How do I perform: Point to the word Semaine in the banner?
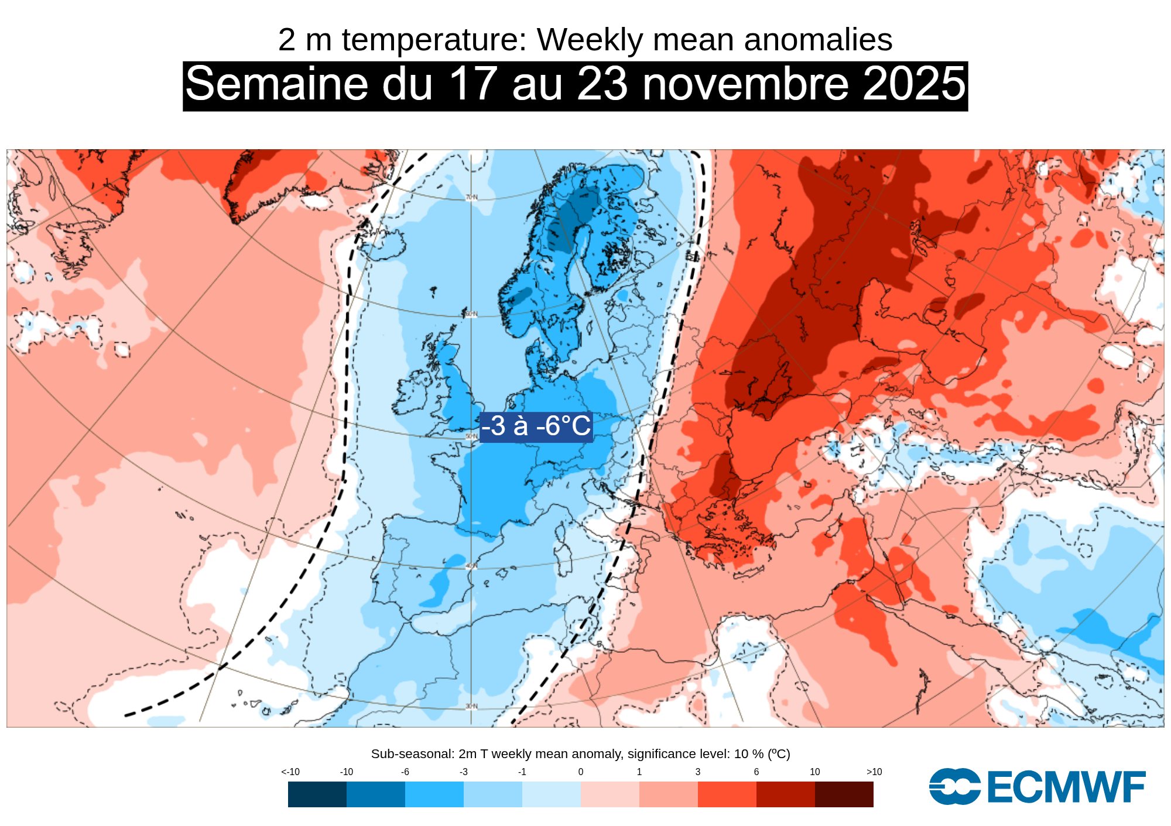pyautogui.click(x=276, y=84)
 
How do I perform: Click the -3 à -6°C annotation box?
pyautogui.click(x=536, y=426)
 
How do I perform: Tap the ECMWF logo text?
pyautogui.click(x=1066, y=787)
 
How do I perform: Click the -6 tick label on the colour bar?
pyautogui.click(x=405, y=772)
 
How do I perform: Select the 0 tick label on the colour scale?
pyautogui.click(x=581, y=772)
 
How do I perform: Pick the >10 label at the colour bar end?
pyautogui.click(x=874, y=772)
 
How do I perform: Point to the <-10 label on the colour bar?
pyautogui.click(x=290, y=772)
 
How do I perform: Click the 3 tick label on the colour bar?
pyautogui.click(x=698, y=772)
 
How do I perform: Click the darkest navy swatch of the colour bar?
pyautogui.click(x=317, y=794)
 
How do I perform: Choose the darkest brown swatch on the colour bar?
pyautogui.click(x=844, y=794)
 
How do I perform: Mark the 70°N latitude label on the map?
pyautogui.click(x=471, y=198)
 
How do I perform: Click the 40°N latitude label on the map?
pyautogui.click(x=471, y=566)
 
